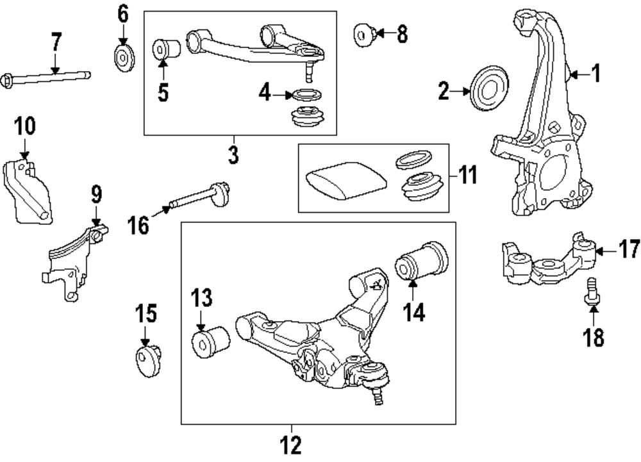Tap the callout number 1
(596, 74)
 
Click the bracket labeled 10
(30, 192)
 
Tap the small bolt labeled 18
(592, 293)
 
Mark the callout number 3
(233, 154)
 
